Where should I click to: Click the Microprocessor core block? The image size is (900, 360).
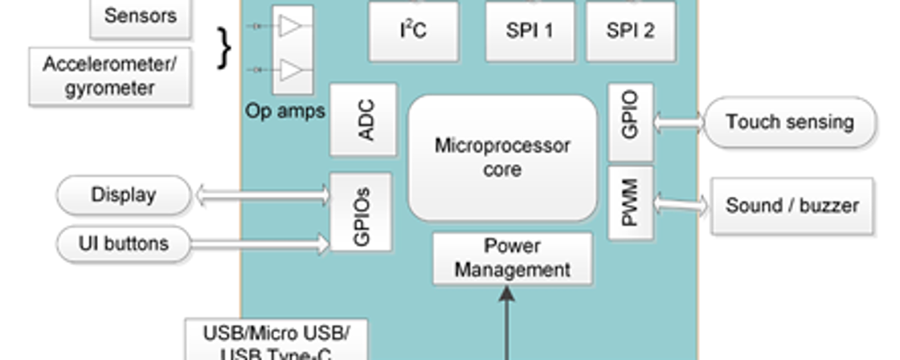click(x=503, y=157)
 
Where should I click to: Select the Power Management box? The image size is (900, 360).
click(x=513, y=259)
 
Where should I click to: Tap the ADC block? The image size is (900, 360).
click(x=364, y=120)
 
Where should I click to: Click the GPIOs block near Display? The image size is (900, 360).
click(x=362, y=211)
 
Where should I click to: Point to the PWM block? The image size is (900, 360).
click(x=631, y=204)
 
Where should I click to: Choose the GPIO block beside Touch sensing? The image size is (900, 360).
click(x=631, y=121)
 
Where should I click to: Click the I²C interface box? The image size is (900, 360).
click(x=413, y=31)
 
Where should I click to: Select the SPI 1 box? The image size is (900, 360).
click(x=530, y=31)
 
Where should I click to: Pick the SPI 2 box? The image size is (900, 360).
click(x=630, y=31)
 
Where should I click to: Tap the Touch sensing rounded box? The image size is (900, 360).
click(x=789, y=122)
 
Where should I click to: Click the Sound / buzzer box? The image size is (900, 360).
click(x=792, y=206)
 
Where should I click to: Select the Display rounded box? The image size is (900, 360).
click(x=124, y=195)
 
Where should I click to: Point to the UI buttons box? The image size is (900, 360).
click(x=124, y=243)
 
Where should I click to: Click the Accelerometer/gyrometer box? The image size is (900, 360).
click(x=110, y=76)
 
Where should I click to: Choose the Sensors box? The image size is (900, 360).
click(x=141, y=17)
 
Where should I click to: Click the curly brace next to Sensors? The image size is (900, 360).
click(x=224, y=47)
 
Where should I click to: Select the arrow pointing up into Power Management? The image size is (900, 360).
click(x=507, y=321)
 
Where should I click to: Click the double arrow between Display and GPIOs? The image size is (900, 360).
click(x=262, y=194)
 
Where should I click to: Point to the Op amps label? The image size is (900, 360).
click(x=284, y=111)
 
